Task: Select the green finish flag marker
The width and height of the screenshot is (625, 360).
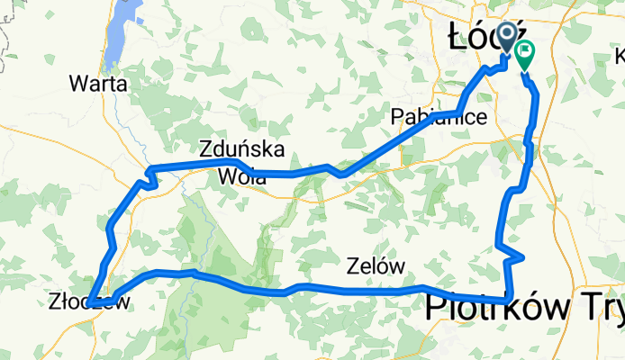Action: coord(523,53)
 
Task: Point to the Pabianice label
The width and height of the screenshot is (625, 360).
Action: coord(439,117)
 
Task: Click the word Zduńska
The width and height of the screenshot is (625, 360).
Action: coord(242,148)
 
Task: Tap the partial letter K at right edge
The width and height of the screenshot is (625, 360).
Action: coord(620,57)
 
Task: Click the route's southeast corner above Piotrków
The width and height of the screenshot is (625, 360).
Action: coord(510,298)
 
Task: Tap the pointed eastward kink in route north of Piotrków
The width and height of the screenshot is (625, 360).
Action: coord(521,257)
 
